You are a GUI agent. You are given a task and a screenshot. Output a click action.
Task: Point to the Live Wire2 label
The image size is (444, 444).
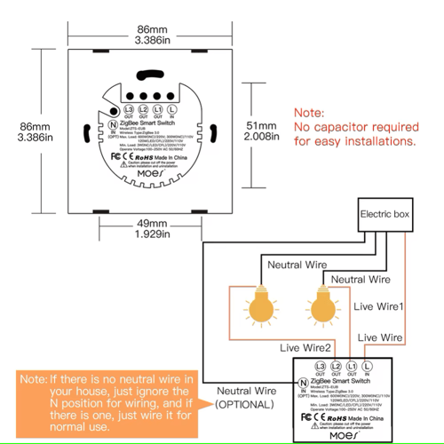(x=307, y=347)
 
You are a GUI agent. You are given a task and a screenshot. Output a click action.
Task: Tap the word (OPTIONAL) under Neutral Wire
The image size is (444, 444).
(x=239, y=405)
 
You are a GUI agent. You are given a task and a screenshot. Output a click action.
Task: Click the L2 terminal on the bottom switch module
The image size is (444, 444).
(x=337, y=366)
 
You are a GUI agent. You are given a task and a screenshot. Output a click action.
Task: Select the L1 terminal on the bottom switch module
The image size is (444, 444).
(x=352, y=366)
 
